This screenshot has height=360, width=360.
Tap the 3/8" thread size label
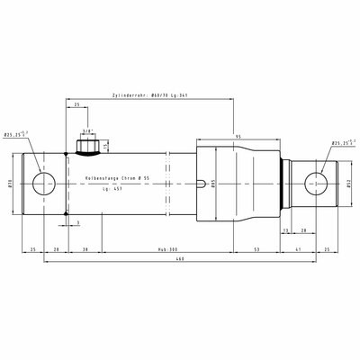tap(87, 130)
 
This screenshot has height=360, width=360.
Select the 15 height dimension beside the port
tap(106, 146)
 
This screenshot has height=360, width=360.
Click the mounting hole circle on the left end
tap(43, 184)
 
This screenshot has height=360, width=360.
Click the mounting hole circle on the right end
tap(316, 184)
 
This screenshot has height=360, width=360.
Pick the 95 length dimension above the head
tap(238, 137)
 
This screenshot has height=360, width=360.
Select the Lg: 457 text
tap(112, 191)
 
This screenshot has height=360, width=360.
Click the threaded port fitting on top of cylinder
tap(88, 144)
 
